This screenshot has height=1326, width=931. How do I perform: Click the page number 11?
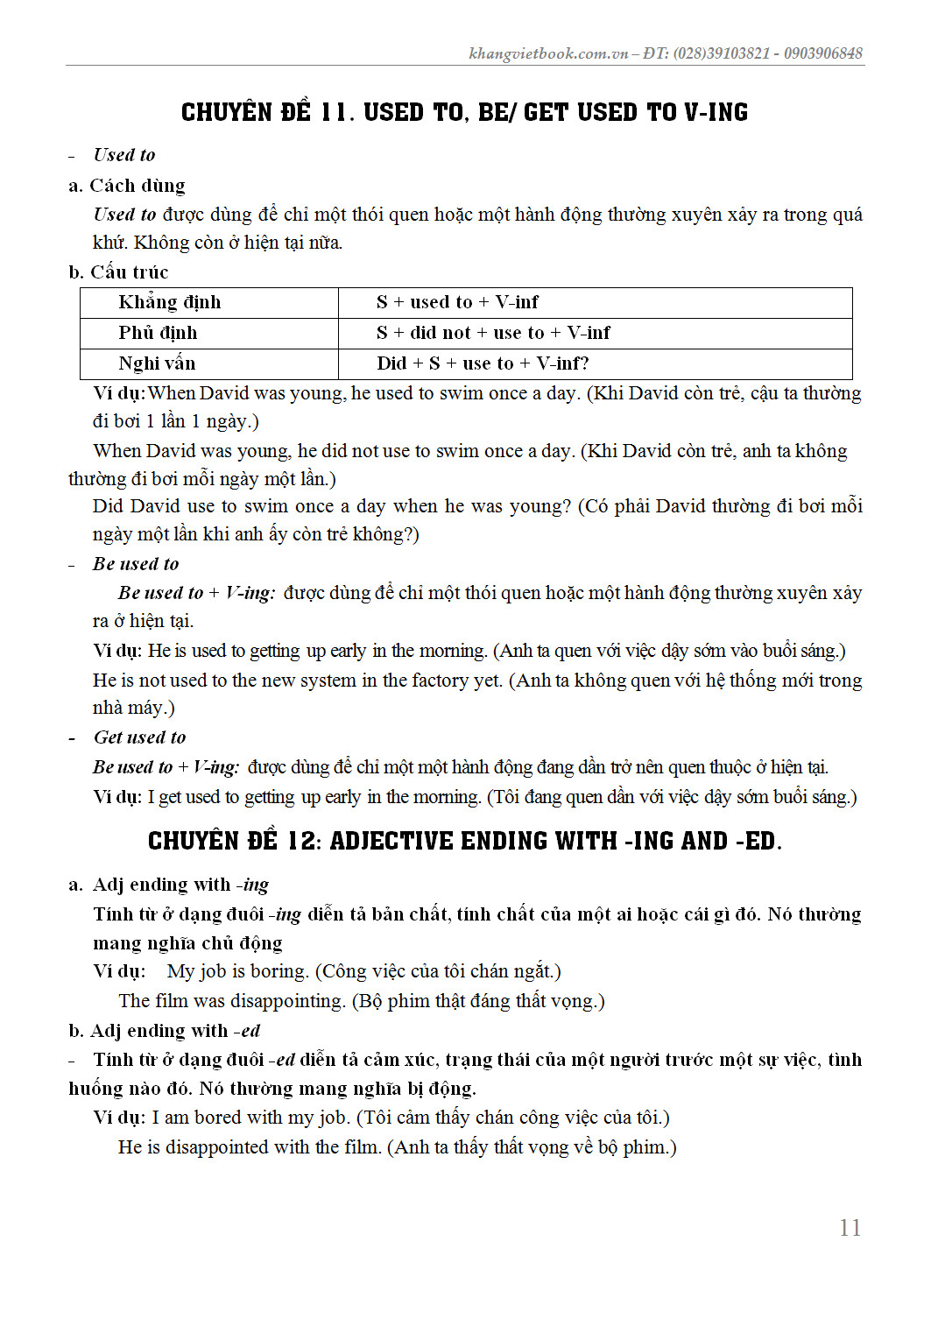(850, 1228)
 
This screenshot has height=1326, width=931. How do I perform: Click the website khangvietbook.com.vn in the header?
(548, 53)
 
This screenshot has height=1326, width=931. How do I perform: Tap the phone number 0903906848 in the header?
(822, 53)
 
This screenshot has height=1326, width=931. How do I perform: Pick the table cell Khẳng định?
(170, 302)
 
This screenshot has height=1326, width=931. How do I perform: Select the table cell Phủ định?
(159, 333)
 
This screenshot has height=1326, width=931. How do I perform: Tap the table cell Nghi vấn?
(158, 363)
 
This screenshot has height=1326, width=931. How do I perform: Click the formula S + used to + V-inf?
(457, 302)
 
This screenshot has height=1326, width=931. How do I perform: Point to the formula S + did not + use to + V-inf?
(493, 333)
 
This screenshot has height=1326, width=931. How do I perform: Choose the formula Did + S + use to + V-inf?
(483, 363)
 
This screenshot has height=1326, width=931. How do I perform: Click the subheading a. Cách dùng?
(127, 186)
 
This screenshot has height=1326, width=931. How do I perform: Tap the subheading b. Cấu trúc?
(119, 272)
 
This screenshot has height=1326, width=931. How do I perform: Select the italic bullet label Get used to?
(139, 737)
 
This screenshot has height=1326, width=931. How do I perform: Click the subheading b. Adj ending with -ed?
(165, 1031)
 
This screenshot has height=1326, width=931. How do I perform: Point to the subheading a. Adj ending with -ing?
(169, 885)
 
